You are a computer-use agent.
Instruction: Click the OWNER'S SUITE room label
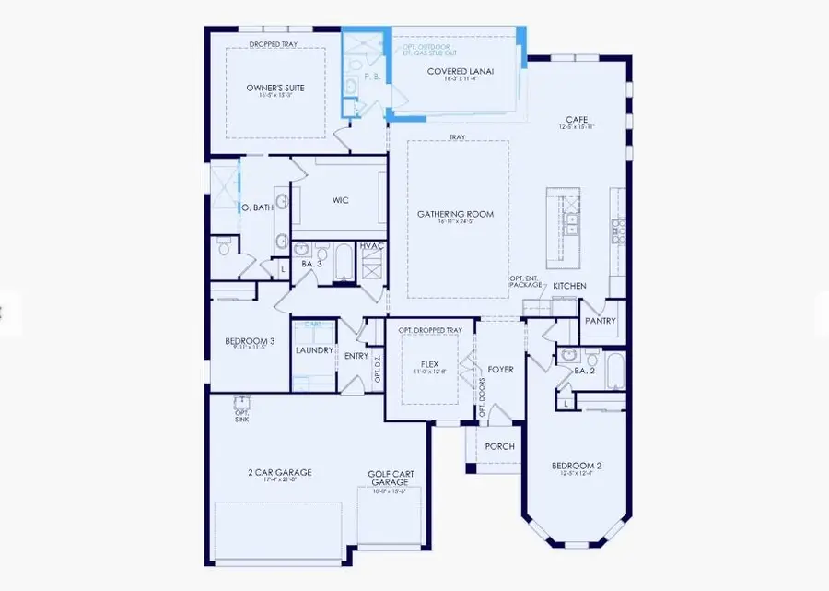coord(275,88)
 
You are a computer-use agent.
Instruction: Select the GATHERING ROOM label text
coord(455,214)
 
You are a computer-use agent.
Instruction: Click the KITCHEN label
coord(569,286)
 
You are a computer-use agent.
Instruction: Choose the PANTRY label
coord(599,321)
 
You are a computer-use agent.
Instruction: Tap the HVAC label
coord(371,246)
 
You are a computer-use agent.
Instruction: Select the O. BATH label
coord(258,208)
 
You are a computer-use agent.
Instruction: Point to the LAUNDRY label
coord(313,350)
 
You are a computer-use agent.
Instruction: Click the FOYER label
coord(500,369)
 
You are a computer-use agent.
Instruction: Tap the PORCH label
coord(500,446)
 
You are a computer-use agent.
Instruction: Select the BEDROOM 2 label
coord(577,466)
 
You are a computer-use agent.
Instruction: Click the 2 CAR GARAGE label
coord(280,472)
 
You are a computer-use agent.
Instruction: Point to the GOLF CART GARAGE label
coord(391,478)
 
